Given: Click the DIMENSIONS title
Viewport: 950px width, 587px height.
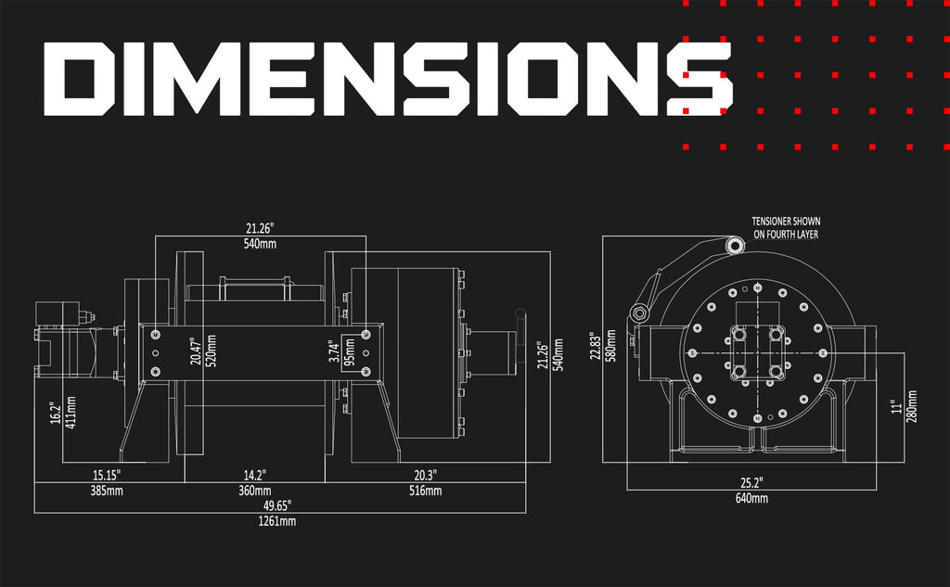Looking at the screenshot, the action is click(x=388, y=79).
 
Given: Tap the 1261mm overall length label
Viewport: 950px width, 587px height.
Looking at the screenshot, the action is click(x=276, y=521).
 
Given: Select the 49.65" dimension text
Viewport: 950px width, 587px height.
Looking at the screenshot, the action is click(x=276, y=505).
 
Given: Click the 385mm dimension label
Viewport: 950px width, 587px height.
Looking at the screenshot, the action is click(x=107, y=490).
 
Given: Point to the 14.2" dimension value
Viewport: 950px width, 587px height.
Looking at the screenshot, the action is click(x=254, y=475).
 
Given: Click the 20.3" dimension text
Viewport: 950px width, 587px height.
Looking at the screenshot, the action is click(x=425, y=475).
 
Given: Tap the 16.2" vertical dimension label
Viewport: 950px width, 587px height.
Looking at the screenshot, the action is click(x=56, y=414).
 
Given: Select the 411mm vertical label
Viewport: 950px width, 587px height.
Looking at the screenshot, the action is click(x=71, y=413).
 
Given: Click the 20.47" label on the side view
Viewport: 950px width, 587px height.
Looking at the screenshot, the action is click(x=195, y=351).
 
